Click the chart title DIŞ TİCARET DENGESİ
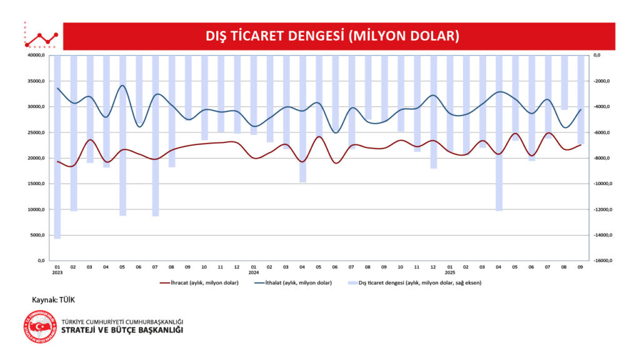332,36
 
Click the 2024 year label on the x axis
254,272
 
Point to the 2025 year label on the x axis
450,272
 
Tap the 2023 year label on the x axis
57,272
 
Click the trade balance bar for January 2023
57,147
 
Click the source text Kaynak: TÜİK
53,300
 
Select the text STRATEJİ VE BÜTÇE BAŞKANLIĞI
122,330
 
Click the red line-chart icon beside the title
41,39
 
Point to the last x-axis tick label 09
581,267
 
